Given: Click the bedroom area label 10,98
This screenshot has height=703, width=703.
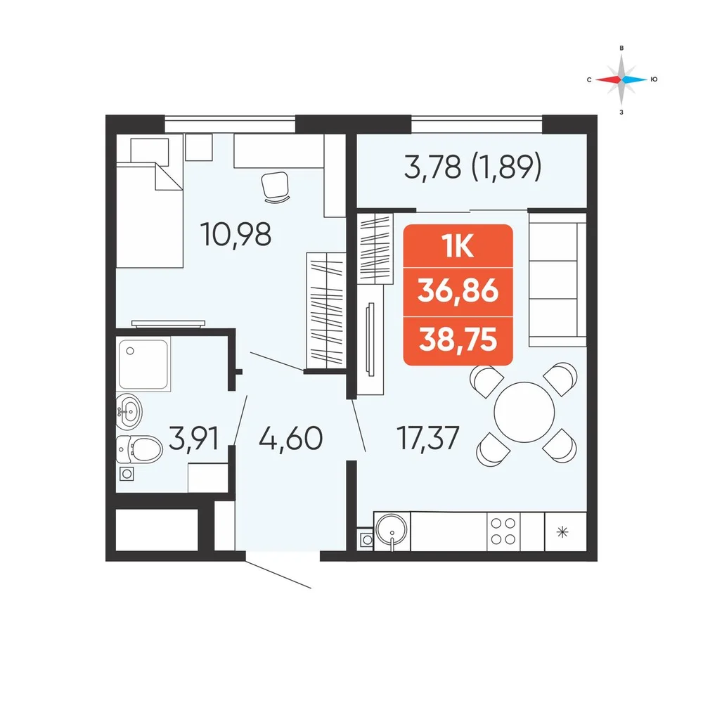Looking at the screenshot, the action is point(236,235).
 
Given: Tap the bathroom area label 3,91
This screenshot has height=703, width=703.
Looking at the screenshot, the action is point(194,438).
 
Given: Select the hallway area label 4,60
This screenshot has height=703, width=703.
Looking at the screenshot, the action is point(290,438).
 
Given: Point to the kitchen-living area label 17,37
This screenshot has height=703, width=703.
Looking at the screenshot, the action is point(428,438).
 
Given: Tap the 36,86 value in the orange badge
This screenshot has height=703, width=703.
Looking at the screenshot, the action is point(458,291).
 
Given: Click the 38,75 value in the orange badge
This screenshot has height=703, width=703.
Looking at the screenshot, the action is point(458,340).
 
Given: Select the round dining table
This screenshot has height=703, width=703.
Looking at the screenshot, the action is point(524,412).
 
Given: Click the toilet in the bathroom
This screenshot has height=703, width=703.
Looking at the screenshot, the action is point(139,449).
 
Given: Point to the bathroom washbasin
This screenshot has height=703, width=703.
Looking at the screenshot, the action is point(129,411).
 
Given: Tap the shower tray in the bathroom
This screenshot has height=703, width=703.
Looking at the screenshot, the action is point(143,364).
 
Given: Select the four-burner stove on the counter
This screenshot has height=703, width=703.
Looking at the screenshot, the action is point(503,531).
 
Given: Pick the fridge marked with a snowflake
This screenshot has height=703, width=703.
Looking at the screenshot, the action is point(565,531).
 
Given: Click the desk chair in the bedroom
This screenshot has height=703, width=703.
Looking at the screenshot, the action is point(275,187).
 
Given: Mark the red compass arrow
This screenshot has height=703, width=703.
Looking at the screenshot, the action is point(608,80).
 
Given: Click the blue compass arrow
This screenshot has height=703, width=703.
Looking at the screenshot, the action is point(634,80).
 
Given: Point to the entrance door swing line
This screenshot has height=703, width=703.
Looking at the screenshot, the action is point(278,574).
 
